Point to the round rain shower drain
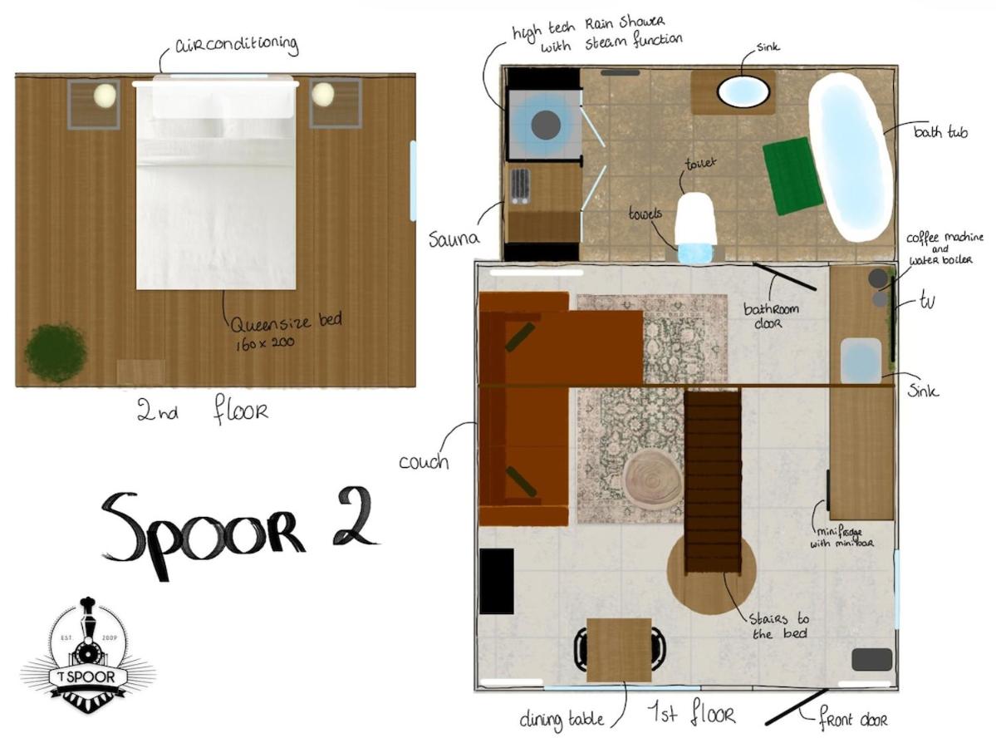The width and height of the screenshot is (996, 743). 544,125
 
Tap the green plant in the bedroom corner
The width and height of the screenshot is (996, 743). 56,352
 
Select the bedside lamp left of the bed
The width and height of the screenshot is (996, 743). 105,96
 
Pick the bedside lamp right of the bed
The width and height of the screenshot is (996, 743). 323,94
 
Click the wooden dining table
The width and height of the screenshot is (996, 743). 619,650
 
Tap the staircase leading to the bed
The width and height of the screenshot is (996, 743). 712,482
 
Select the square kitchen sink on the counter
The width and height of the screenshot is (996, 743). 861,360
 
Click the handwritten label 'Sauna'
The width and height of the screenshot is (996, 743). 454,239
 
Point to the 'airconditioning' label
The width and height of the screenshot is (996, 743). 236,45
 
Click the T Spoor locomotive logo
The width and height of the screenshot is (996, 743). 88,655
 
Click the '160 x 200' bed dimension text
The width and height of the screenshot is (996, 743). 265,344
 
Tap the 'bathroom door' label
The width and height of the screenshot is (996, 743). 771,316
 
